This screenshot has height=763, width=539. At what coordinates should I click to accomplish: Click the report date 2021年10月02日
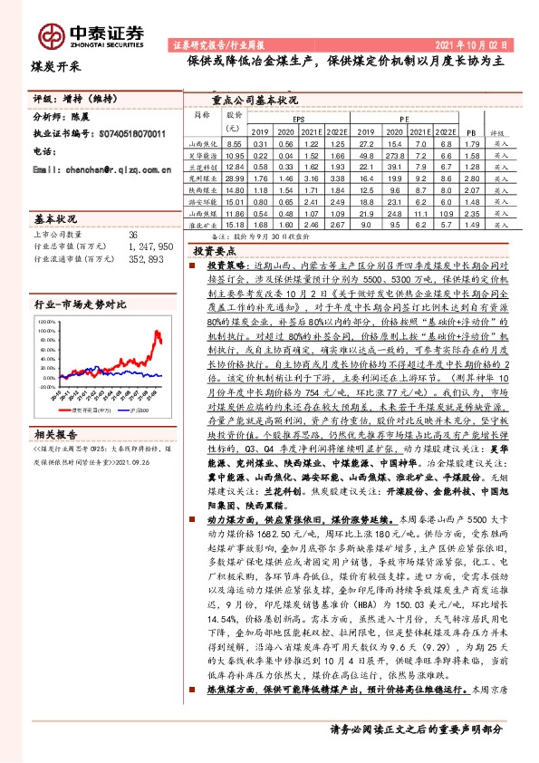478,43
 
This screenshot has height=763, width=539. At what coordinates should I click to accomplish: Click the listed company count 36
134,235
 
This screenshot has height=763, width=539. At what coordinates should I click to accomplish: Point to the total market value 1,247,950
146,246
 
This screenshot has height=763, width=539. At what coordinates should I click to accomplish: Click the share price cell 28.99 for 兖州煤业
234,179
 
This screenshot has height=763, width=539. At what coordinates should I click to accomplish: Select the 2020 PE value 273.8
394,156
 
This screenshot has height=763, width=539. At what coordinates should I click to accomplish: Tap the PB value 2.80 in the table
469,179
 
